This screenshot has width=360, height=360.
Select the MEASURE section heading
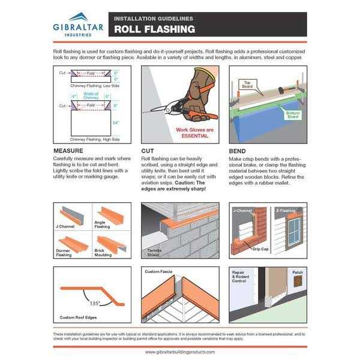pyautogui.click(x=71, y=151)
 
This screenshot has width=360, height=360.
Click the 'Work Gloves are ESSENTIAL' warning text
pyautogui.click(x=192, y=132)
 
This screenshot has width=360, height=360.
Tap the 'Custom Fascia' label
pyautogui.click(x=159, y=272)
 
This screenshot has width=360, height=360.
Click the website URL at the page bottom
pyautogui.click(x=180, y=352)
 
